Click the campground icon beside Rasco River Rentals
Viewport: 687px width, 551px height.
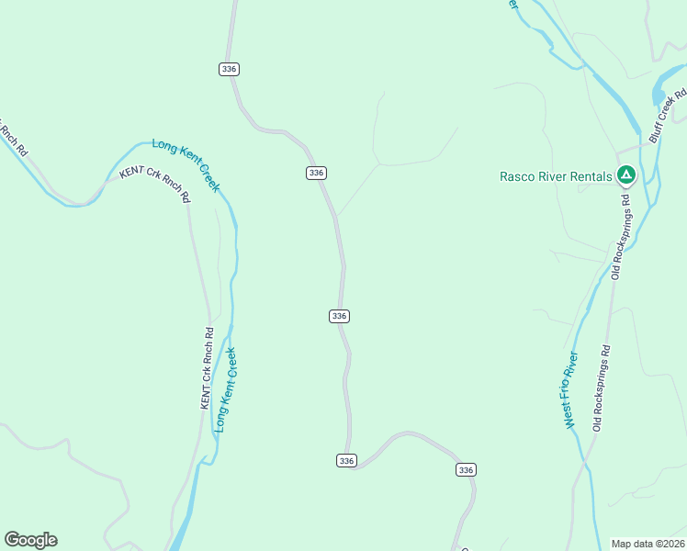click(625, 173)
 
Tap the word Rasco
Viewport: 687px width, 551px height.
click(519, 176)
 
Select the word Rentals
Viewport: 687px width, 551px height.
click(591, 176)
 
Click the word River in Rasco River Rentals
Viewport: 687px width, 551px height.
click(554, 176)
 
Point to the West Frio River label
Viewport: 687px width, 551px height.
click(570, 389)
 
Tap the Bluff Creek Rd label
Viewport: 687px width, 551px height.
click(668, 115)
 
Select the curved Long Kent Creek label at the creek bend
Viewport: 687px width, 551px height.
click(187, 163)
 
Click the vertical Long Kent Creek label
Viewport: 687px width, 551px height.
click(225, 388)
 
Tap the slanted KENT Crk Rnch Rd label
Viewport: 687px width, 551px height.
click(154, 183)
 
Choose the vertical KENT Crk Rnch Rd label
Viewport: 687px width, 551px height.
click(207, 368)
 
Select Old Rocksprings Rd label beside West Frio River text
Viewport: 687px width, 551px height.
click(601, 388)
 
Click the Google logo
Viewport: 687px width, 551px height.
click(30, 540)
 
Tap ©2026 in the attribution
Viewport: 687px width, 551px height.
click(669, 544)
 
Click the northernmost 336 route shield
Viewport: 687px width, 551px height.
click(229, 69)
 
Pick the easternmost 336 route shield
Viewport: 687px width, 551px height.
click(466, 469)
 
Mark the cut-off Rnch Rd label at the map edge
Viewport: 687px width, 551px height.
click(12, 138)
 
